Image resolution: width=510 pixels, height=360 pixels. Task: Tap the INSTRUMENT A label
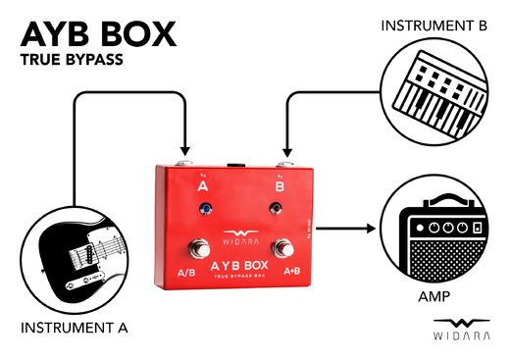(74, 326)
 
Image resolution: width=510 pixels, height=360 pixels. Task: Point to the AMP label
(433, 293)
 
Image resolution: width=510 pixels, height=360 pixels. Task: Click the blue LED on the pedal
(204, 208)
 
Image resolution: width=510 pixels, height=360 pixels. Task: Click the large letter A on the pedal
(202, 184)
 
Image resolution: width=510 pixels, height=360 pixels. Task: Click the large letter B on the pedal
(279, 184)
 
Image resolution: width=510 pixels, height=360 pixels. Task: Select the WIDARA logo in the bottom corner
(461, 329)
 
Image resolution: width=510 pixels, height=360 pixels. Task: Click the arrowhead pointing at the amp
(372, 229)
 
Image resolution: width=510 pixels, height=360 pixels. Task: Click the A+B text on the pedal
(291, 270)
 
